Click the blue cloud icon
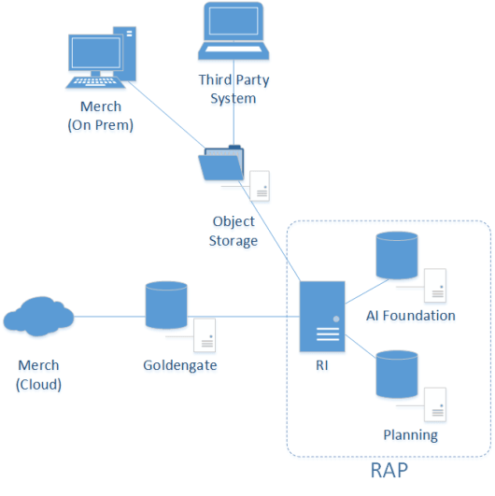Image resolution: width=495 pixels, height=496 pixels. [38, 317]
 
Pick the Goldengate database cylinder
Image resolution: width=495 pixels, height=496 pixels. [167, 306]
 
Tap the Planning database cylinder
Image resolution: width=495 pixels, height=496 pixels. [394, 374]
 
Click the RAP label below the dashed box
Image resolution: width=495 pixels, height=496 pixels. [389, 471]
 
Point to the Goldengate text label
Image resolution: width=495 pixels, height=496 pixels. [180, 365]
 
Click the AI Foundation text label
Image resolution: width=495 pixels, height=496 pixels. [410, 316]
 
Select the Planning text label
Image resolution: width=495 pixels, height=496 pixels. [410, 435]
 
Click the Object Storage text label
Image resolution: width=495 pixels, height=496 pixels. [234, 232]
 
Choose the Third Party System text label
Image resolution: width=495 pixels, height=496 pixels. [227, 89]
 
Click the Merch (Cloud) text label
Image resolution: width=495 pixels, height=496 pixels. [38, 374]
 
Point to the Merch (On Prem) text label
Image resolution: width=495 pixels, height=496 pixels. [101, 116]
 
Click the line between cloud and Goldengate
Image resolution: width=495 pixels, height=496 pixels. [110, 317]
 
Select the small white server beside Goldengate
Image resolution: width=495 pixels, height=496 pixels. [204, 333]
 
